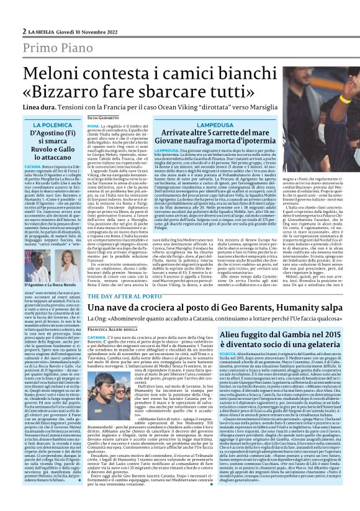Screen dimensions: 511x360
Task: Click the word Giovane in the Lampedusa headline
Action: click(x=181, y=140)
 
